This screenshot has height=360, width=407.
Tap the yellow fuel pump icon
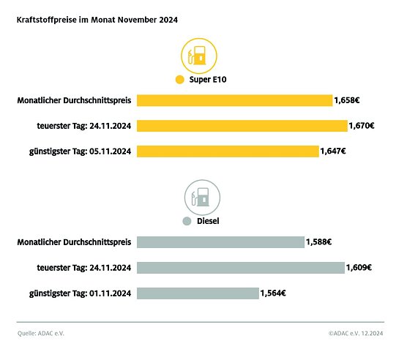click(196, 56)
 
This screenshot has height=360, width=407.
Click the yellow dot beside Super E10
click(179, 80)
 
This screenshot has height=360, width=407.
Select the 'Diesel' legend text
click(208, 220)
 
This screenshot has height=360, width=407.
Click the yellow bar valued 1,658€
click(234, 100)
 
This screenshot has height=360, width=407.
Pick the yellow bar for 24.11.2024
click(242, 126)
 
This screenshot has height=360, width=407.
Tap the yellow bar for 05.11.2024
click(228, 151)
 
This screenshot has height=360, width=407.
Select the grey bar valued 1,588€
click(220, 242)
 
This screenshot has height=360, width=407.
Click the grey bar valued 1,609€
click(240, 268)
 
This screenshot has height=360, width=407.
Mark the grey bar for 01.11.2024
click(198, 293)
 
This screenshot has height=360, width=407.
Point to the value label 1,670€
click(362, 126)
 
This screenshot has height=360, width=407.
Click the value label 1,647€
click(333, 151)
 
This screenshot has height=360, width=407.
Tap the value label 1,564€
click(272, 293)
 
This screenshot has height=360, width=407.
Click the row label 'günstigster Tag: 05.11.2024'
click(75, 151)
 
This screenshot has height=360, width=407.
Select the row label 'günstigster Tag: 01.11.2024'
click(75, 293)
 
